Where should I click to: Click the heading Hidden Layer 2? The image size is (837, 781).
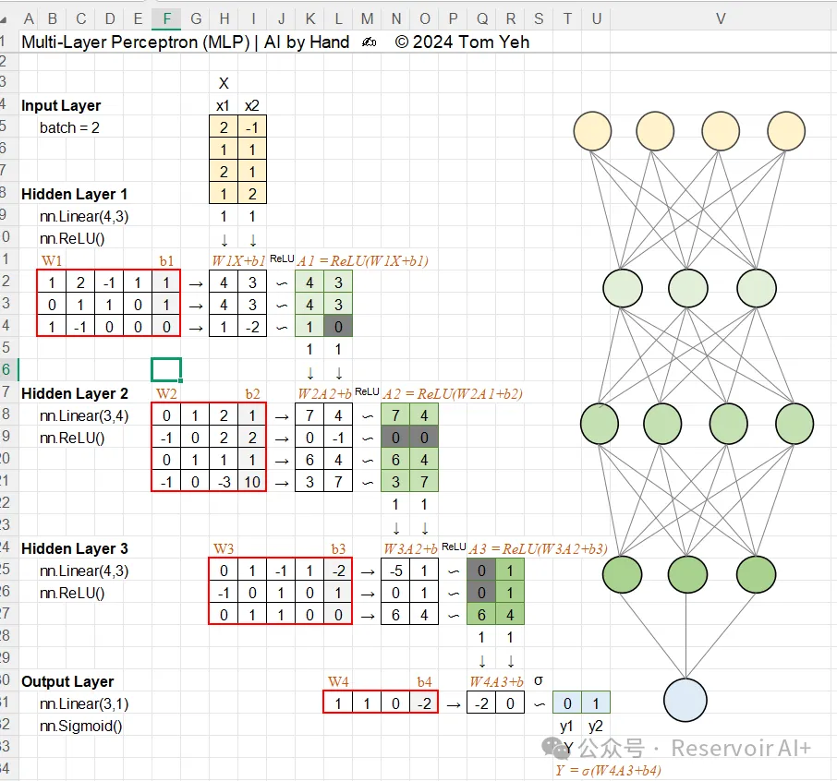tap(75, 393)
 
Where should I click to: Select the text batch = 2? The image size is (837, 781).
tap(69, 127)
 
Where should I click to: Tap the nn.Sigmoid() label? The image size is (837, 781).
tap(81, 726)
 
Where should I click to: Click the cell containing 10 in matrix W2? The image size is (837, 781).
tap(251, 482)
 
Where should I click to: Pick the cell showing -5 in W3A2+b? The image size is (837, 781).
tap(396, 571)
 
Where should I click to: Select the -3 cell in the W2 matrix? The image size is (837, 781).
tap(224, 482)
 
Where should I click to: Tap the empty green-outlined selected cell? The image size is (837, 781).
tap(166, 370)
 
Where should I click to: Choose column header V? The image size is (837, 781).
tap(721, 18)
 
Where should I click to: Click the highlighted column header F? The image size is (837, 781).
tap(166, 18)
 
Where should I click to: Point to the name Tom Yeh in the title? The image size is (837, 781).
tap(493, 42)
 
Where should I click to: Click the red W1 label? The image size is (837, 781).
tap(53, 260)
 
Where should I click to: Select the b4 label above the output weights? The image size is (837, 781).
tap(424, 682)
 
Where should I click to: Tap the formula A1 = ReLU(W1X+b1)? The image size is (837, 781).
tap(362, 261)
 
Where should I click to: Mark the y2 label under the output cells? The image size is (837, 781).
tap(595, 726)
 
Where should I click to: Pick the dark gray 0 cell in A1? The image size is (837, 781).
tap(338, 326)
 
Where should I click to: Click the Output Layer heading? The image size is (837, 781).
tap(67, 681)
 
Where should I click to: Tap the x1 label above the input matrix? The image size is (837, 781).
tap(224, 105)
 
